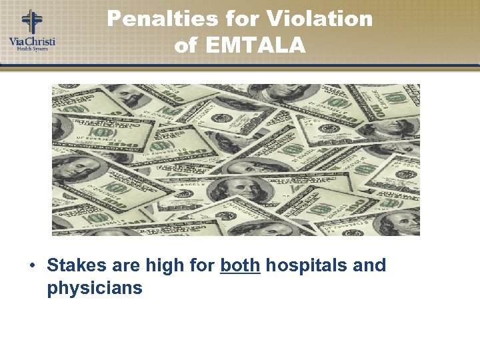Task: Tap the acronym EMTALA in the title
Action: (x=256, y=45)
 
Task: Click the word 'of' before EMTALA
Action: (x=187, y=45)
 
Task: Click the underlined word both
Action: (x=240, y=265)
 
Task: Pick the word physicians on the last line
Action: (x=95, y=289)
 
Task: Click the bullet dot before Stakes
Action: (x=32, y=266)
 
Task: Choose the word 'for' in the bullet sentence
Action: (x=201, y=265)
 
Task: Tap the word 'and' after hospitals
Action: (x=369, y=265)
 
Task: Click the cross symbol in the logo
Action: (x=31, y=21)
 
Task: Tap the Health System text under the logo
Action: (x=32, y=49)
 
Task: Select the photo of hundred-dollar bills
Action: (x=236, y=159)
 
